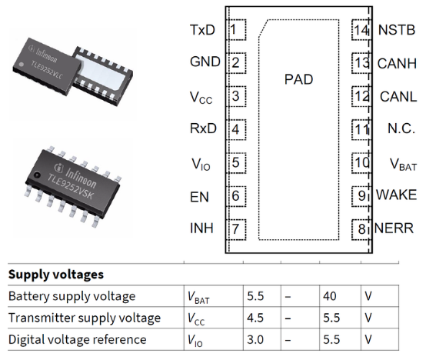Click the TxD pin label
click(x=202, y=30)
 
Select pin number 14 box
click(x=361, y=30)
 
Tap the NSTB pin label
click(x=398, y=30)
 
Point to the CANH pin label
click(x=398, y=62)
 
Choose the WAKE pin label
click(x=396, y=195)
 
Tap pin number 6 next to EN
click(x=235, y=195)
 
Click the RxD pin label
click(x=203, y=128)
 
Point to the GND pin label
click(x=205, y=62)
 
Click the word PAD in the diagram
click(x=299, y=78)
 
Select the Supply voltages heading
click(x=56, y=274)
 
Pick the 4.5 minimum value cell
click(x=255, y=318)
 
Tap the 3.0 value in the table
click(x=255, y=339)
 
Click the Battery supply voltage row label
click(x=71, y=296)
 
